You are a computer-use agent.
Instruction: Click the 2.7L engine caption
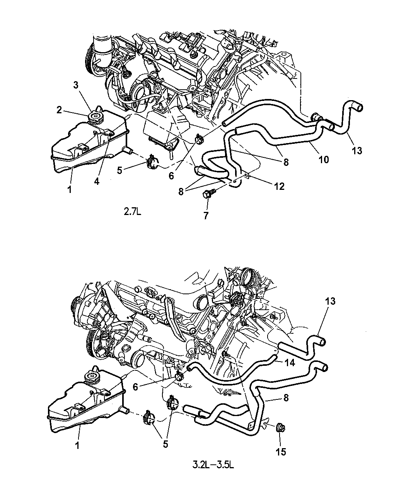[x=133, y=212]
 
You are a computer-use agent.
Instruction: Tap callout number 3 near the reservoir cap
[x=75, y=85]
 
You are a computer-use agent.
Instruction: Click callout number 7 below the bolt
[x=206, y=215]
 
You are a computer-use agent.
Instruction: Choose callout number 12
[x=279, y=186]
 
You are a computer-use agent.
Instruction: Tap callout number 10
[x=324, y=160]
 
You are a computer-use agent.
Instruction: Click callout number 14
[x=290, y=362]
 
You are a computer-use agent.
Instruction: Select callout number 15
[x=281, y=452]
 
